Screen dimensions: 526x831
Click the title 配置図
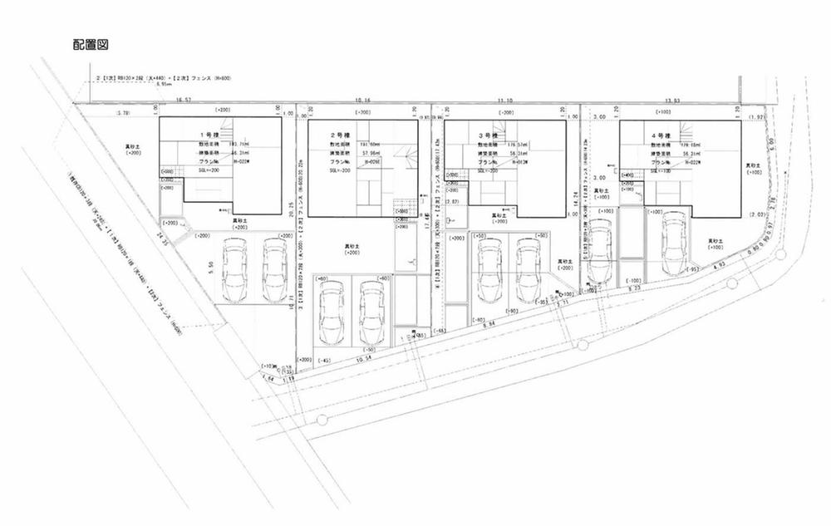click(91, 44)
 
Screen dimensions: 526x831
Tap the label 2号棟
click(339, 134)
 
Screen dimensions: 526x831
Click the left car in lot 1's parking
click(234, 271)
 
